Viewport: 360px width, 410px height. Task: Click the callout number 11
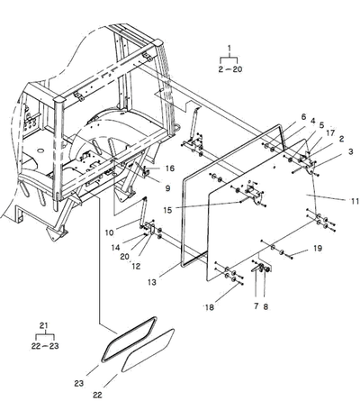click(x=355, y=201)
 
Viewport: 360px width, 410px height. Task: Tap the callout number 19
click(x=318, y=249)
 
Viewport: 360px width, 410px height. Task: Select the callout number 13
click(x=152, y=282)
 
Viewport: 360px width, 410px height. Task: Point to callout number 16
click(x=170, y=169)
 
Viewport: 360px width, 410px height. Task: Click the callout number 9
click(x=167, y=188)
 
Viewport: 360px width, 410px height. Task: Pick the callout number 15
click(x=167, y=210)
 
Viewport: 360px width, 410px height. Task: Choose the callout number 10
click(x=110, y=232)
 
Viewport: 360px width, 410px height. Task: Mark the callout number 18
click(x=209, y=307)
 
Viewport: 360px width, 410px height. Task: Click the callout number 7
click(x=256, y=306)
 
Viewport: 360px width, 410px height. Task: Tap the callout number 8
click(x=265, y=306)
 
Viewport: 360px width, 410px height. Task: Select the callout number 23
click(x=79, y=383)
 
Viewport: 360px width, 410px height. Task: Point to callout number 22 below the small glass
click(x=97, y=395)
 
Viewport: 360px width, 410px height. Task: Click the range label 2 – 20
click(x=230, y=69)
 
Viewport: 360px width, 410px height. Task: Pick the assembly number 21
click(x=44, y=325)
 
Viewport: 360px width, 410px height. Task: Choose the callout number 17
click(x=330, y=132)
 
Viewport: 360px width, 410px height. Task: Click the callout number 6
click(x=303, y=117)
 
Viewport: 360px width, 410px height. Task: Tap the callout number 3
click(x=351, y=152)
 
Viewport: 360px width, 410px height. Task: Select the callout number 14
click(x=115, y=248)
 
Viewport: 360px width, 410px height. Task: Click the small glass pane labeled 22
click(x=148, y=351)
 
